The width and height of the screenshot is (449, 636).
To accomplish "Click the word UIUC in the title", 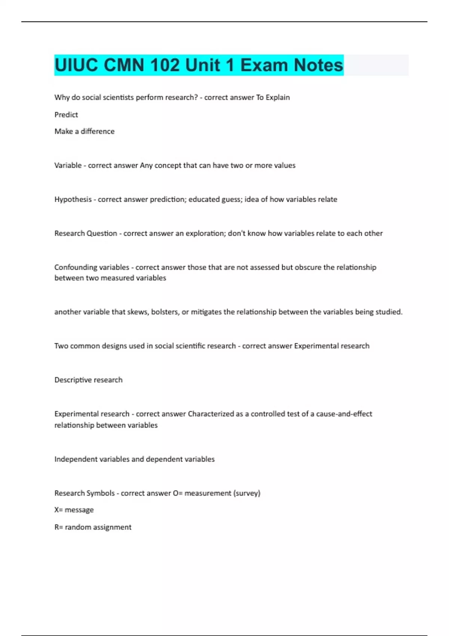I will pos(76,65).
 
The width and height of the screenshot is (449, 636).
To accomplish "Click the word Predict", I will pos(66,114).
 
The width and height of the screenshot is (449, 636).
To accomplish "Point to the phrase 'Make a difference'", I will pos(85,131).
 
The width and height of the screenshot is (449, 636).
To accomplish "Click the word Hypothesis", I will pos(73,199).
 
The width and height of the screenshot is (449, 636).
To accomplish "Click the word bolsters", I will pos(165,312).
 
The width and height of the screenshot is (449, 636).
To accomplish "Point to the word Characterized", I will pos(211,414).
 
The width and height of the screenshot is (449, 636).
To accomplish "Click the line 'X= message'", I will pos(74,510).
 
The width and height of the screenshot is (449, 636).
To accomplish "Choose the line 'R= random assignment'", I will pos(93,527).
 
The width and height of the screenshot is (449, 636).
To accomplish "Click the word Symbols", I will pos(100,493).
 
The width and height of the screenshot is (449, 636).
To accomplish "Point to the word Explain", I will pos(278,97).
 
